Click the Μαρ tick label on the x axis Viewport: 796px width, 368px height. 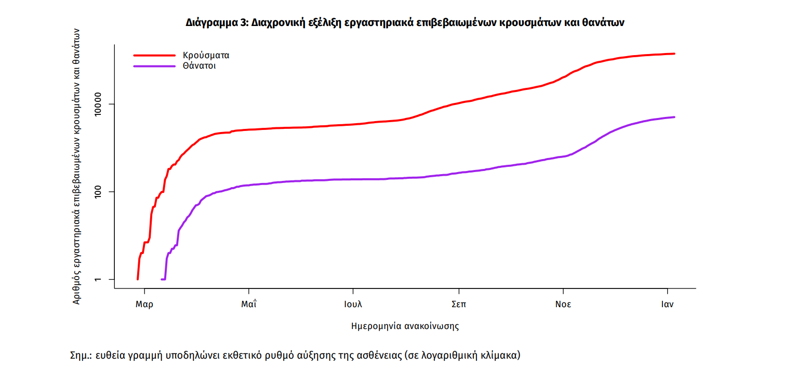[x=144, y=305]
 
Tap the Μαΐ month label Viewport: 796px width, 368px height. [x=249, y=305]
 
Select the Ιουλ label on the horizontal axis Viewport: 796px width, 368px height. [x=353, y=305]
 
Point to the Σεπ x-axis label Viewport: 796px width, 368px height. [x=458, y=305]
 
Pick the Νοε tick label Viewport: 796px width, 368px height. [x=563, y=305]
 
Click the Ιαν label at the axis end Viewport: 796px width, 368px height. [x=667, y=305]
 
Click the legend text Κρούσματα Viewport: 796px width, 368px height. [x=206, y=55]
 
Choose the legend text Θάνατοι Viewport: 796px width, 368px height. [x=199, y=67]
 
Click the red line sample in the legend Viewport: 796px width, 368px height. [x=154, y=55]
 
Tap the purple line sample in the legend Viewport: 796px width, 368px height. [x=154, y=67]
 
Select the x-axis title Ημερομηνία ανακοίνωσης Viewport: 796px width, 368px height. [x=405, y=326]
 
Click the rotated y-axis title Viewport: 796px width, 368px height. [x=76, y=165]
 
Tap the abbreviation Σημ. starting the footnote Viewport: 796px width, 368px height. [x=81, y=356]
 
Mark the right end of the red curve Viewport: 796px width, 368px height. [x=674, y=54]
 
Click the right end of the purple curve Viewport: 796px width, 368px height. [x=674, y=117]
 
